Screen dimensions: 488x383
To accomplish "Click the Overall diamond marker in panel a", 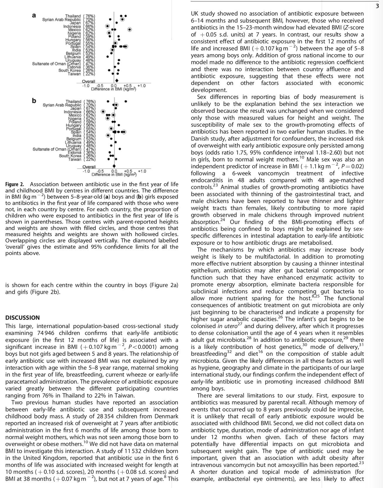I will [116, 81].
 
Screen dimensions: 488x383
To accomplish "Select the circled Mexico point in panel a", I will [129, 29].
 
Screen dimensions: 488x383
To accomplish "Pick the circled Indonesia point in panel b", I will [103, 112].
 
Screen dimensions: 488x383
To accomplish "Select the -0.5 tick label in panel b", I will [100, 171].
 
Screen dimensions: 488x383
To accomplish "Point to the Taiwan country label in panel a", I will [74, 74].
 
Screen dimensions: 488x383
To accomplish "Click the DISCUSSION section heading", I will [23, 318].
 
